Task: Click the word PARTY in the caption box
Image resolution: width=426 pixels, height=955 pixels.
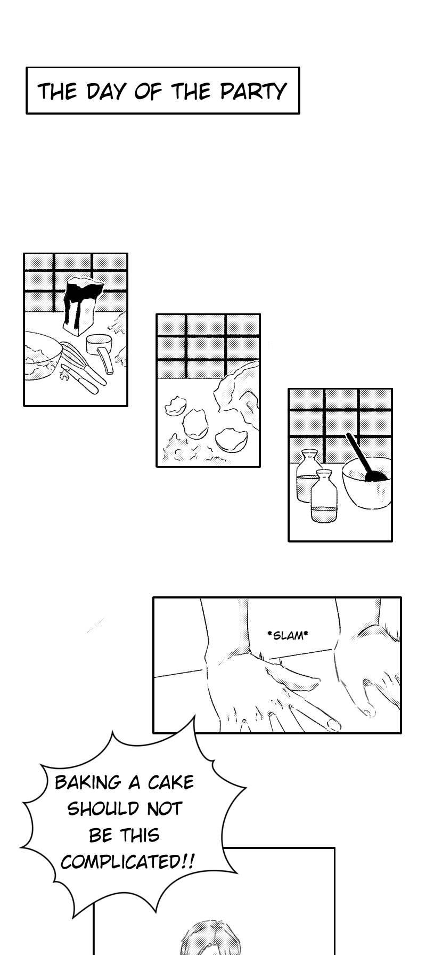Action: pos(253,92)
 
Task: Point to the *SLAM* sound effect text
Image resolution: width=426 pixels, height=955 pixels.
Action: pos(288,635)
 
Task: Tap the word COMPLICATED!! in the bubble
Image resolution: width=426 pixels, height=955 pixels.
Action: pos(127,861)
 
